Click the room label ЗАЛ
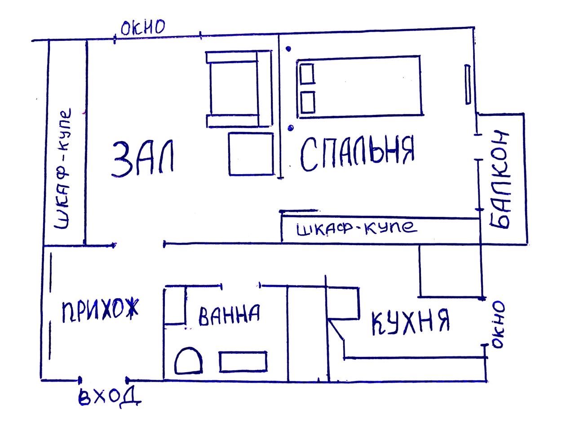coord(143,158)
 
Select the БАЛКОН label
coord(500,180)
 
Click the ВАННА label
coord(229,315)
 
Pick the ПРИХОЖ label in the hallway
coord(100,310)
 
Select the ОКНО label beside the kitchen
coord(498,325)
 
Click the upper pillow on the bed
coord(307,74)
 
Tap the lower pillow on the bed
coord(307,102)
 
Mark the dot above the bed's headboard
coord(288,49)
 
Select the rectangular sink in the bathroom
coord(243,362)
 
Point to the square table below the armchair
coord(251,154)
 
